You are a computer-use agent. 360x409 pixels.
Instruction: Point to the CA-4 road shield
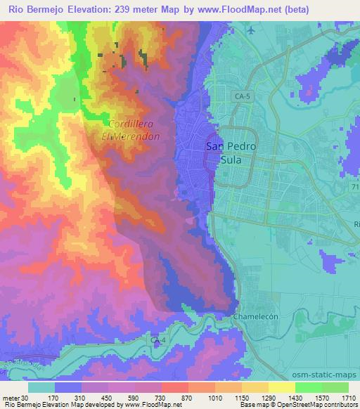[x=158, y=340]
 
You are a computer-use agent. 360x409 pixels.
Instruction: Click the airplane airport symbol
[x=251, y=30]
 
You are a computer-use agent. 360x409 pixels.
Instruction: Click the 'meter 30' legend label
[x=15, y=397]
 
